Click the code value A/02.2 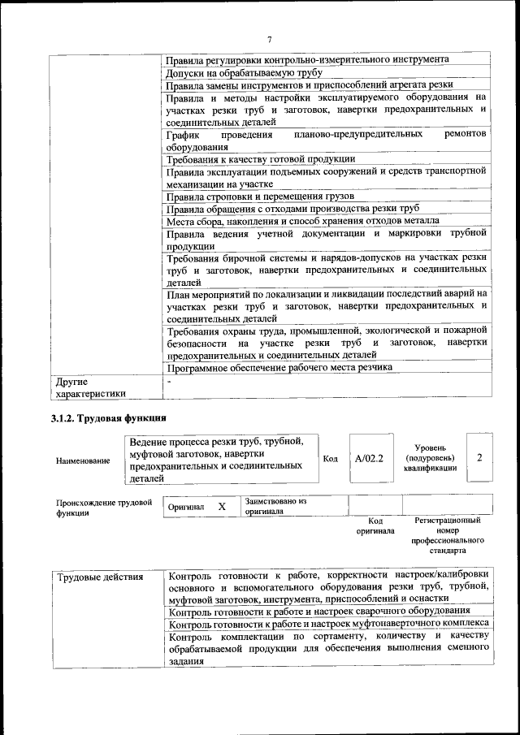[x=368, y=459]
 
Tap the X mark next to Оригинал [x=221, y=506]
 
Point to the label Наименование [x=83, y=460]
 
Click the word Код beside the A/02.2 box [x=330, y=459]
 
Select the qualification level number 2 [x=479, y=458]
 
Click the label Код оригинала [x=375, y=525]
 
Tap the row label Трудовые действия [x=99, y=577]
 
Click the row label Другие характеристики [x=89, y=387]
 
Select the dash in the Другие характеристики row [x=169, y=380]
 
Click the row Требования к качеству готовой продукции [x=260, y=158]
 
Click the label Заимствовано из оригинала [x=275, y=507]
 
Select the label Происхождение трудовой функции [x=103, y=508]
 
